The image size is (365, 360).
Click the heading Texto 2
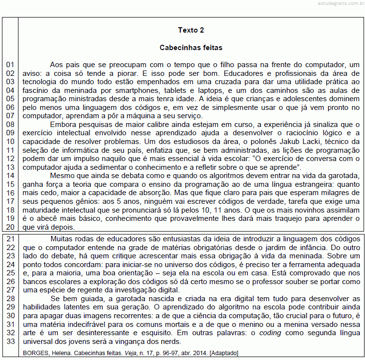[x=191, y=30]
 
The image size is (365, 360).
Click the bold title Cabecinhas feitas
[x=191, y=48]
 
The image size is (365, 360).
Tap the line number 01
[x=10, y=65]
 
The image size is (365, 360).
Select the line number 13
[x=10, y=167]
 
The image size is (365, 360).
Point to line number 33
[x=10, y=341]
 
